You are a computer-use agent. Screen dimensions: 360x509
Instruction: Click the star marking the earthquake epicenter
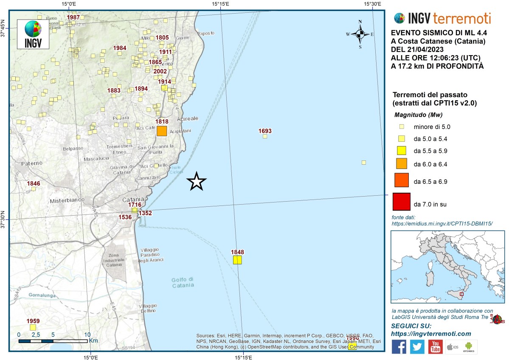point(196,182)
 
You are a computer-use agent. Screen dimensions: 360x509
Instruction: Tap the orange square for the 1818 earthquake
point(162,131)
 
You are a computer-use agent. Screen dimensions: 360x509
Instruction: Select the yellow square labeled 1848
point(237,260)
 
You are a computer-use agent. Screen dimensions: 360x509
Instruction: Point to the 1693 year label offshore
point(265,131)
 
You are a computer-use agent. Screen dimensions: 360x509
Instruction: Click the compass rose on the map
point(360,34)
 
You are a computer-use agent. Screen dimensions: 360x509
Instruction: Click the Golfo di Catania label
point(183,282)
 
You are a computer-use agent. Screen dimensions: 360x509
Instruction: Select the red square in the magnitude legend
point(401,202)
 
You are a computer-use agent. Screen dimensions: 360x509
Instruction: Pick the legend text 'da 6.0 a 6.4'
point(430,163)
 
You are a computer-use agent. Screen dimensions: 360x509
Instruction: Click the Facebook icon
point(399,347)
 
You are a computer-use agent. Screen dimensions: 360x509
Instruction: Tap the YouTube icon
point(435,347)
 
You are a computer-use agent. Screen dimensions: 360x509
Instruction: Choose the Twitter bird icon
point(417,347)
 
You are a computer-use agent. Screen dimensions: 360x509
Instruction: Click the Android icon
point(469,347)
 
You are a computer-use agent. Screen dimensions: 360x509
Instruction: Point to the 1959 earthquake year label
point(33,321)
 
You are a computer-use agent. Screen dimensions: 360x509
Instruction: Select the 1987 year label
point(74,17)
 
